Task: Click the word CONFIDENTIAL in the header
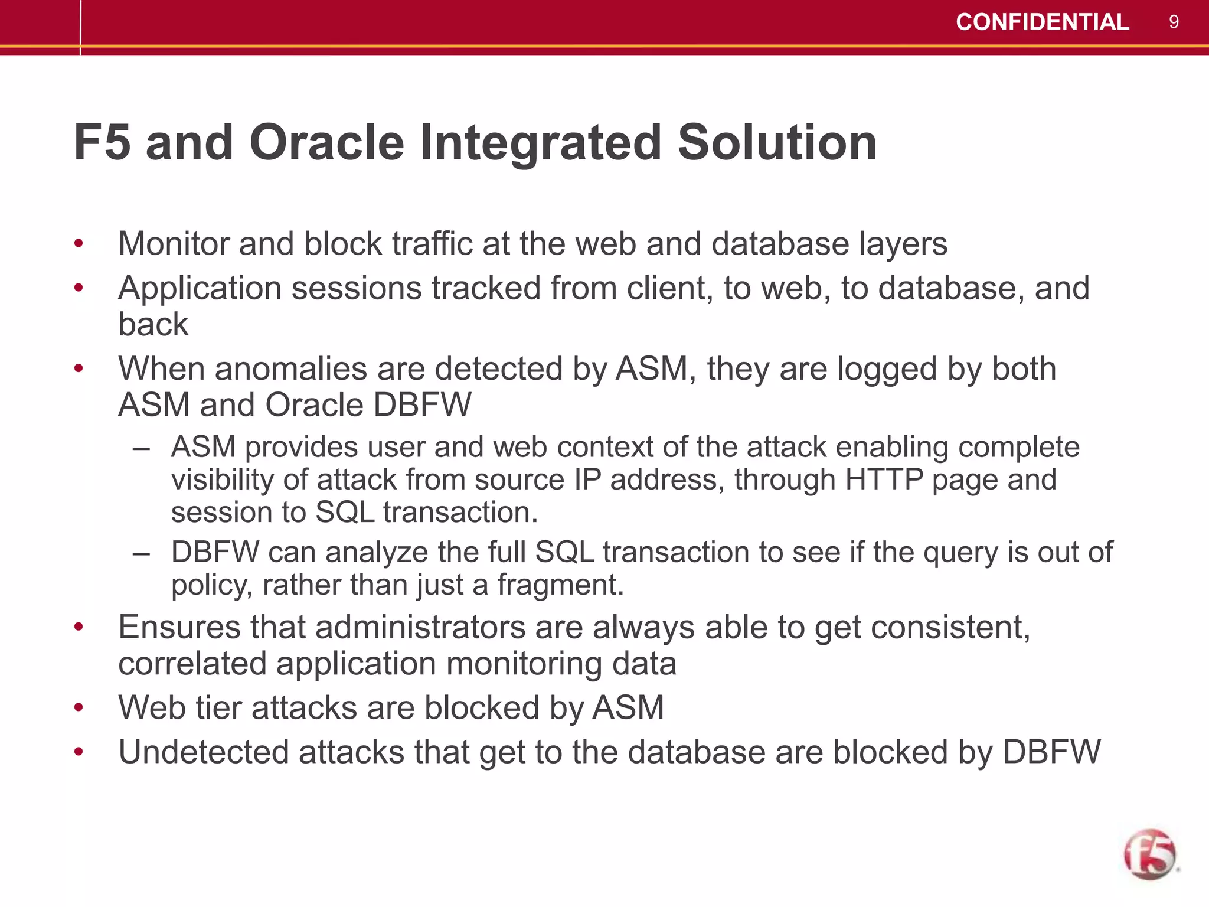click(1042, 22)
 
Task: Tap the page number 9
click(1174, 22)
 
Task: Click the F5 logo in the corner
click(1150, 854)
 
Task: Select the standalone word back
click(153, 324)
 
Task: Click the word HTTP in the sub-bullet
click(884, 479)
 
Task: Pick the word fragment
click(560, 585)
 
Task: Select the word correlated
click(192, 663)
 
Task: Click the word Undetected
click(204, 752)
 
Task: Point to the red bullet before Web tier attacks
click(79, 707)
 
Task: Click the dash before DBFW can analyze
click(141, 553)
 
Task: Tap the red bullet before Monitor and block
click(79, 243)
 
